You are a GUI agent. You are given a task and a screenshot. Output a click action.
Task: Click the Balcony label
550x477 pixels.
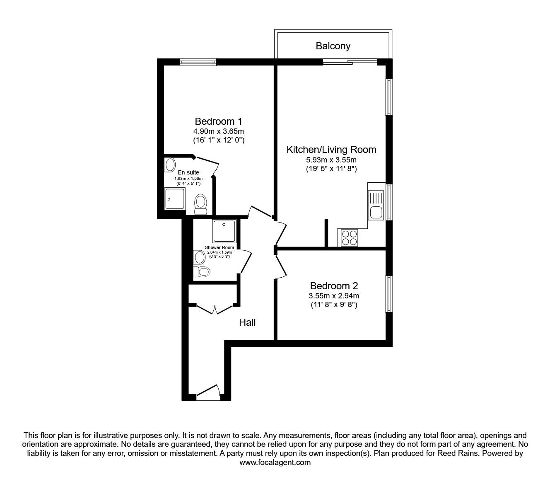(333, 46)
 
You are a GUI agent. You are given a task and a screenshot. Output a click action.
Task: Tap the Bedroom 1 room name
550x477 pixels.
(218, 121)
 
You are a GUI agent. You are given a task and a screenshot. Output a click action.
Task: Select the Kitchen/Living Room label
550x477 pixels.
(331, 149)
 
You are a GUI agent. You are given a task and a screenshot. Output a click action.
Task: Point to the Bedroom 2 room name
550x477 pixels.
(334, 286)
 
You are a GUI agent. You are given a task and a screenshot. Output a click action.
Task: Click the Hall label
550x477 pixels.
(247, 322)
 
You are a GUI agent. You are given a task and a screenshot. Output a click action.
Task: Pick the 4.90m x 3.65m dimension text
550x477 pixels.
(219, 131)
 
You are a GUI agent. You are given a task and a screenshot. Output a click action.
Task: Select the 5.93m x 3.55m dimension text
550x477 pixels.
(331, 160)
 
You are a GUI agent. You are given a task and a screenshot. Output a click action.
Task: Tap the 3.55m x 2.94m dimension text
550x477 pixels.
(334, 296)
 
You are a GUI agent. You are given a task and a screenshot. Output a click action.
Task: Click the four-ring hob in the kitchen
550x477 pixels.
(350, 238)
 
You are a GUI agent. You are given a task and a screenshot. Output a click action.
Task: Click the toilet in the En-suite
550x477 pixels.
(201, 204)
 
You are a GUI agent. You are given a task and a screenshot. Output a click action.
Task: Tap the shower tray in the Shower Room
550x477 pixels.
(224, 231)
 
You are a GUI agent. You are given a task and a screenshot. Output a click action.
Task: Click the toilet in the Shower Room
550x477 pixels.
(203, 271)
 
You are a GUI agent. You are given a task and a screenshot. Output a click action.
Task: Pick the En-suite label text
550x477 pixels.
(188, 172)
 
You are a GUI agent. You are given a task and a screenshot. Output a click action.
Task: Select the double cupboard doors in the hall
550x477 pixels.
(215, 309)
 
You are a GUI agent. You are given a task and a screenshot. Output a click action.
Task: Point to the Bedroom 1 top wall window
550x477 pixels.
(198, 62)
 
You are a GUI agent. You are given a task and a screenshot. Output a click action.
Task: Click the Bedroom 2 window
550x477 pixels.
(388, 294)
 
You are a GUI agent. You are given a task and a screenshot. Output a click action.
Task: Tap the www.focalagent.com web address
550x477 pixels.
(275, 462)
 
